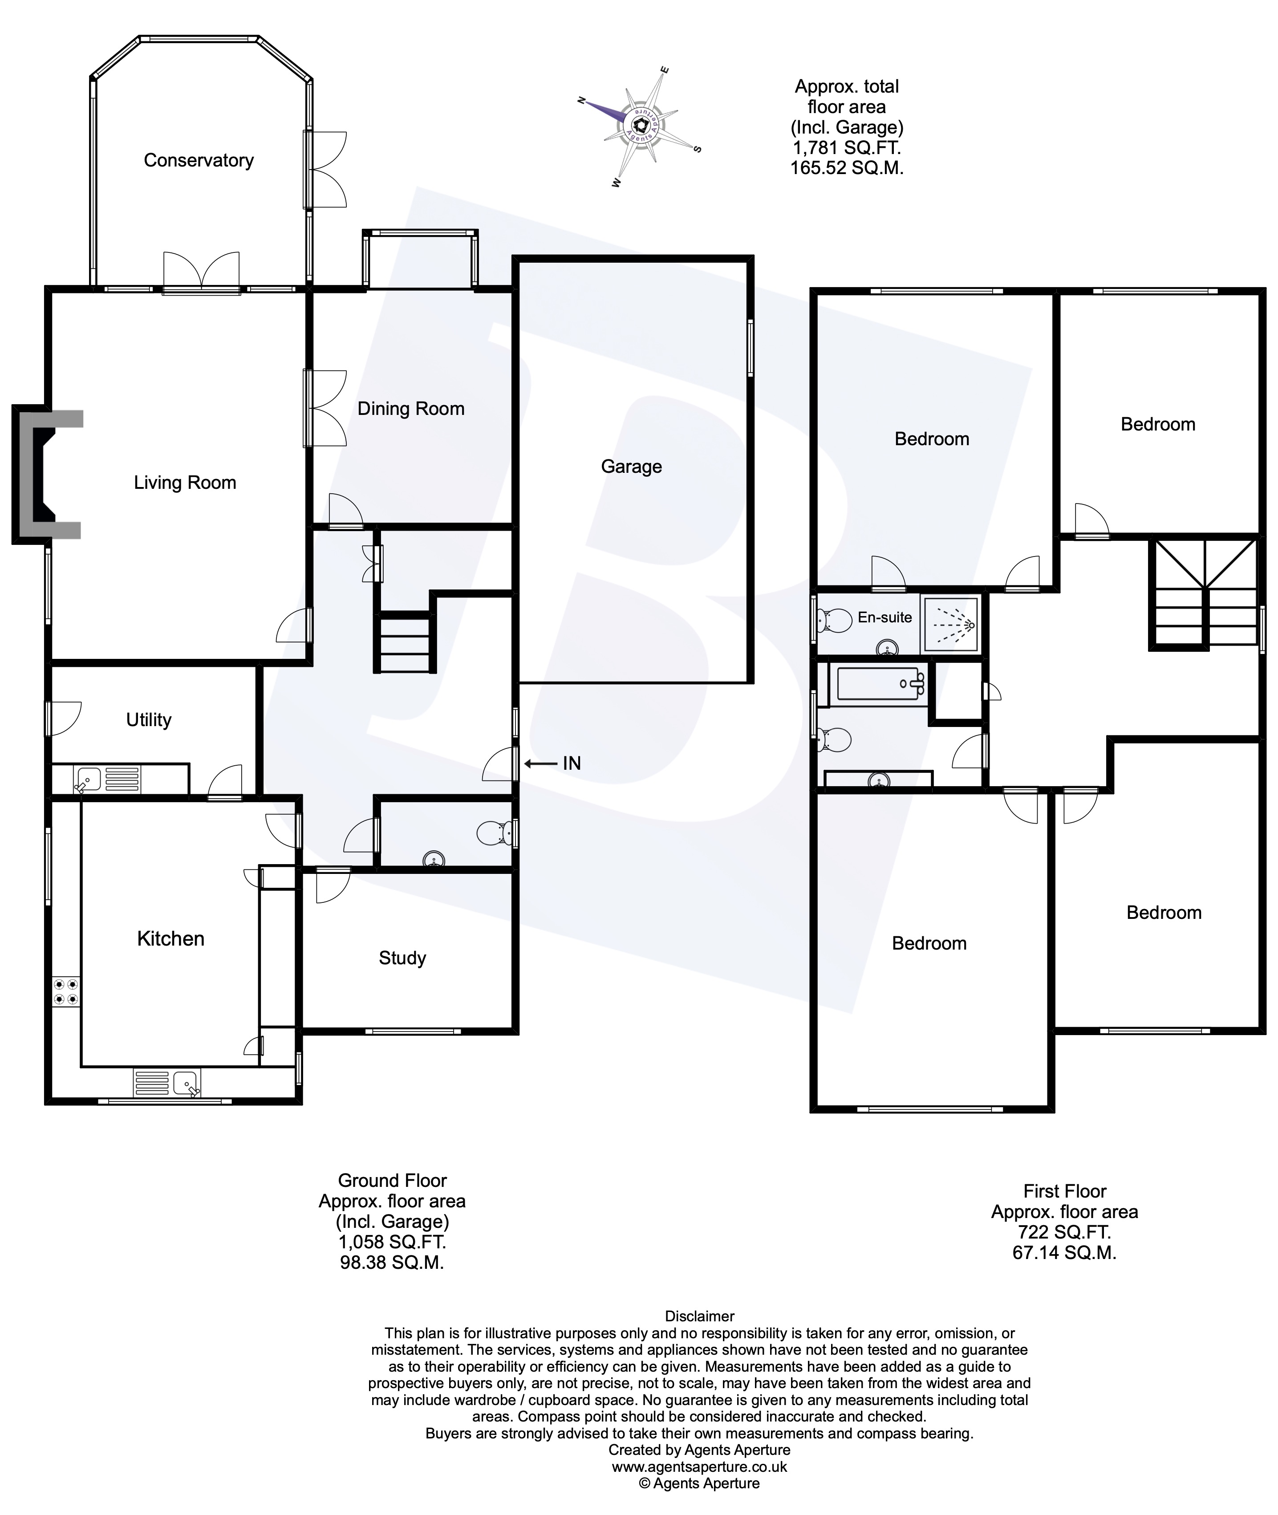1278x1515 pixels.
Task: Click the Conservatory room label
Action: point(199,160)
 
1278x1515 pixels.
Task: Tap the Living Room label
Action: point(185,483)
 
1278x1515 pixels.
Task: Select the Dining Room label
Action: point(411,409)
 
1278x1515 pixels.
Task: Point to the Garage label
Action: point(631,467)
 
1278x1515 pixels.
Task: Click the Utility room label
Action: point(149,719)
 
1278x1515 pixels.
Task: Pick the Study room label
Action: point(402,958)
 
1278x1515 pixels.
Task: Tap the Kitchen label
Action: point(171,938)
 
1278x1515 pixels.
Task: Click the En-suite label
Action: point(884,617)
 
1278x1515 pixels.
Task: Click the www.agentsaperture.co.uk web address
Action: point(699,1466)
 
